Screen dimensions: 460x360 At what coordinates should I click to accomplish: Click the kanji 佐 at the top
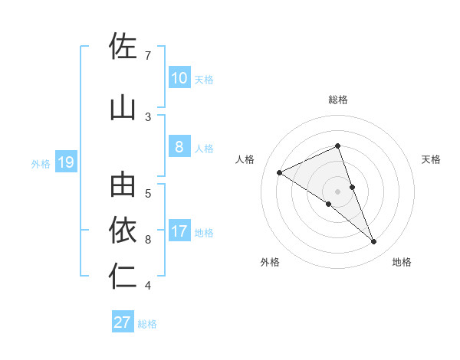tap(123, 46)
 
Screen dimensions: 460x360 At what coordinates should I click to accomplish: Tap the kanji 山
tap(123, 108)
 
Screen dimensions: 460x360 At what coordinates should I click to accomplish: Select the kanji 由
tap(123, 185)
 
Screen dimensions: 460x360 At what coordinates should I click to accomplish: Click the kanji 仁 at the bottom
tap(123, 277)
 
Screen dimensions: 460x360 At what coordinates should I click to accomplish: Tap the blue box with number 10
tap(179, 77)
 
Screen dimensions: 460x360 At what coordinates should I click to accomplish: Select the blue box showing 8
tap(179, 147)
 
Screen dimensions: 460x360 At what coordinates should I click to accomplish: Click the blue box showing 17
tap(179, 231)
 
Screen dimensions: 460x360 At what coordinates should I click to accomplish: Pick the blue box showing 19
tap(65, 162)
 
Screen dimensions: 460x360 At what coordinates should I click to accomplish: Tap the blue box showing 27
tap(123, 322)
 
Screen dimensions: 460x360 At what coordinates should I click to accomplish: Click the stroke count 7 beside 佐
tap(148, 56)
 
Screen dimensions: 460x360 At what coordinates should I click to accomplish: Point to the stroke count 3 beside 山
tap(148, 117)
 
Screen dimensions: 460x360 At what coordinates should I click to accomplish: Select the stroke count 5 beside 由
tap(148, 193)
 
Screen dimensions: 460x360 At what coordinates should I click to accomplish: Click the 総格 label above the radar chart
tap(338, 100)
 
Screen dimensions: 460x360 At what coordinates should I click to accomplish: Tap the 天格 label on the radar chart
tap(431, 159)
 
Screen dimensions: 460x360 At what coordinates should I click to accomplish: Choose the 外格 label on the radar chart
tap(269, 263)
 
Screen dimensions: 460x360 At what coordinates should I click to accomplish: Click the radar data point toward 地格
tap(374, 242)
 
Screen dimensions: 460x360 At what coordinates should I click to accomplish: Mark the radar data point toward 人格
tap(280, 172)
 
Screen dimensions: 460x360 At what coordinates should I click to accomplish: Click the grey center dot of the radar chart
tap(338, 191)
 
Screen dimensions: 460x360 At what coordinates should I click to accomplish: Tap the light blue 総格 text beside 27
tap(147, 324)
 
